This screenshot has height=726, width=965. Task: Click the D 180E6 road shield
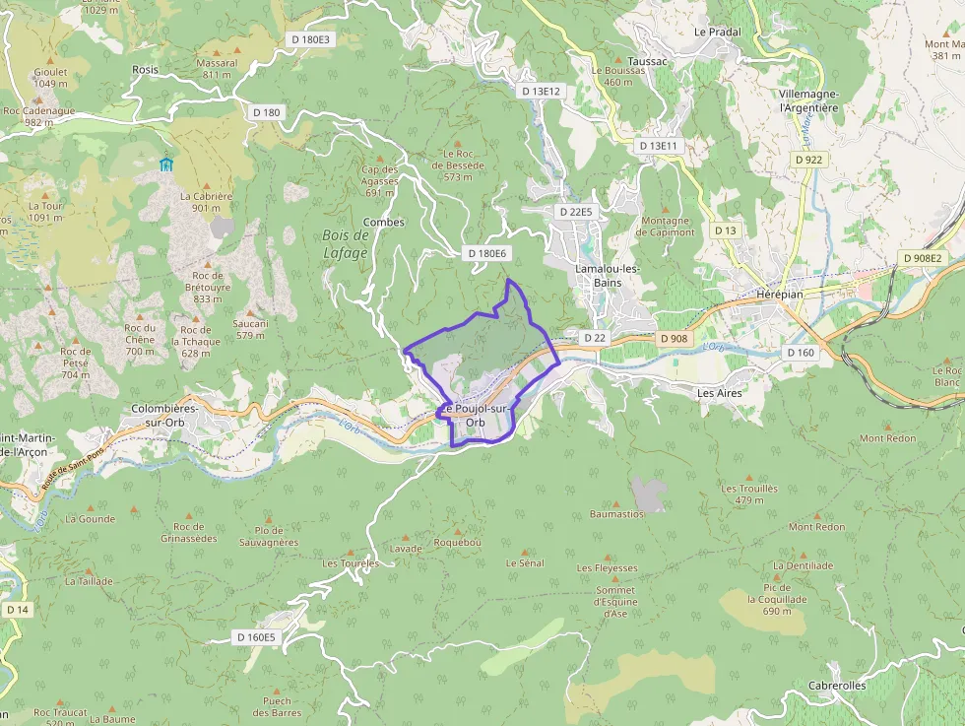pyautogui.click(x=486, y=253)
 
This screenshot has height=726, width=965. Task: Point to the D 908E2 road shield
pyautogui.click(x=923, y=258)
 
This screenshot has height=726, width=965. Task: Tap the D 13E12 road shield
pyautogui.click(x=541, y=91)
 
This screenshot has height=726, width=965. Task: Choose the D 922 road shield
pyautogui.click(x=808, y=160)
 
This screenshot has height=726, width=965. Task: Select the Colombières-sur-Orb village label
pyautogui.click(x=164, y=414)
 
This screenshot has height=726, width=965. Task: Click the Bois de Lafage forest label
pyautogui.click(x=345, y=244)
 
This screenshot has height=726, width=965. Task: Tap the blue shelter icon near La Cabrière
pyautogui.click(x=165, y=164)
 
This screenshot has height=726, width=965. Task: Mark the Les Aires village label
pyautogui.click(x=719, y=392)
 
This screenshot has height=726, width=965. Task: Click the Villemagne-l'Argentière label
pyautogui.click(x=807, y=99)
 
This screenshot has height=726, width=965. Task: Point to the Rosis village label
pyautogui.click(x=145, y=70)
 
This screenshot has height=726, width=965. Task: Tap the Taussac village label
pyautogui.click(x=647, y=60)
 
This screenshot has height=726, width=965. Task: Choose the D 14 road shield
pyautogui.click(x=18, y=610)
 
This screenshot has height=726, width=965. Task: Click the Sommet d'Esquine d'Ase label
pyautogui.click(x=611, y=601)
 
